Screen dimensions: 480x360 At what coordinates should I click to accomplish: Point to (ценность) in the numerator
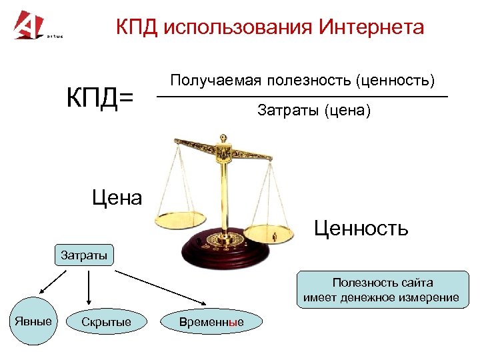(395, 81)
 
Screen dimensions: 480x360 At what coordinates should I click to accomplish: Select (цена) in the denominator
(347, 111)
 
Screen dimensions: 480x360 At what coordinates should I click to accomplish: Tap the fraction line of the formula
(301, 97)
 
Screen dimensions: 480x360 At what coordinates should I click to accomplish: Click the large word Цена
(117, 197)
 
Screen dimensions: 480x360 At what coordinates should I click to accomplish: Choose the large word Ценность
(361, 229)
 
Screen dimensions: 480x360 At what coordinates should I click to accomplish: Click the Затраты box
(84, 255)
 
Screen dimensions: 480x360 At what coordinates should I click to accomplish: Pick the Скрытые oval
(106, 323)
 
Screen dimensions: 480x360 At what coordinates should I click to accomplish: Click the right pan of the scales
(271, 231)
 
